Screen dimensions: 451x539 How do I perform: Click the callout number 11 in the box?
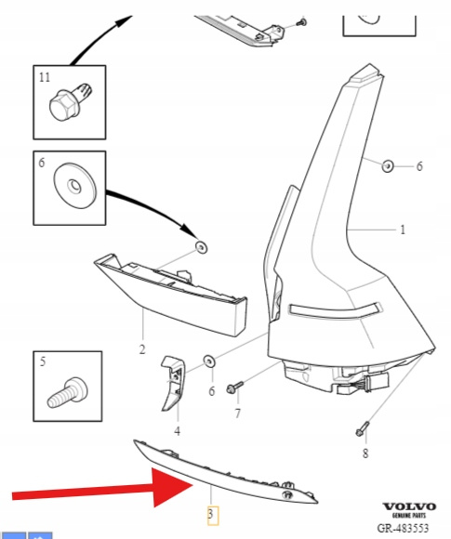[45, 77]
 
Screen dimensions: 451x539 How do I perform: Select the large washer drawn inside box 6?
[75, 186]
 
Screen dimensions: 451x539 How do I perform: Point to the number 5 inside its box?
[43, 362]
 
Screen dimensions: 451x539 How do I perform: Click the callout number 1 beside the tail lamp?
[403, 230]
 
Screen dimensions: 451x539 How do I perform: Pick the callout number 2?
[142, 349]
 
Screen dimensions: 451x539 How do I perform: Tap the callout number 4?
[178, 430]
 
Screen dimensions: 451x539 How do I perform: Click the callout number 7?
[237, 414]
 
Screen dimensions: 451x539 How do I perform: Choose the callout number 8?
[365, 454]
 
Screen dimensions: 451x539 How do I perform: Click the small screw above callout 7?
[234, 388]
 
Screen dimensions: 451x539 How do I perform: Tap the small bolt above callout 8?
[363, 428]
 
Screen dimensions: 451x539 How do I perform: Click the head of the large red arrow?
[170, 487]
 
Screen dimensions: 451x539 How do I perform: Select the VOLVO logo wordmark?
[409, 506]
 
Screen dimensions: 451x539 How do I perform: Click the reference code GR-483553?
[403, 528]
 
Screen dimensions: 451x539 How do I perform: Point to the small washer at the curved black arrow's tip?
[201, 247]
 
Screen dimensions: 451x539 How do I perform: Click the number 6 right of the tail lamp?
[419, 166]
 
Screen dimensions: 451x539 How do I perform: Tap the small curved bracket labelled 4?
[173, 383]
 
